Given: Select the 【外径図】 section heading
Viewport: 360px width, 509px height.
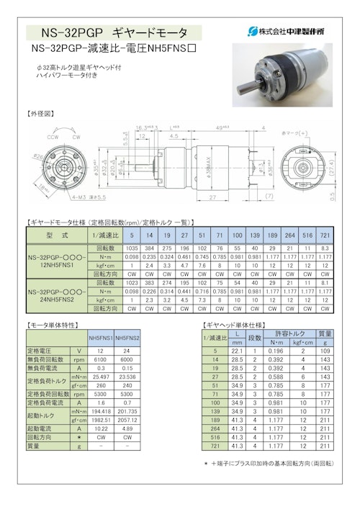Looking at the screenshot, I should pyautogui.click(x=42, y=114).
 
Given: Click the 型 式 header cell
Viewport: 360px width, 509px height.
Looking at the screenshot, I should pyautogui.click(x=56, y=235).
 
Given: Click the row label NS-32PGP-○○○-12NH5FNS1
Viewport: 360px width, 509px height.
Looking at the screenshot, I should pyautogui.click(x=56, y=259).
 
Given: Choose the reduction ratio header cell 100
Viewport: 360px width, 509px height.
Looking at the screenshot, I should pyautogui.click(x=236, y=235).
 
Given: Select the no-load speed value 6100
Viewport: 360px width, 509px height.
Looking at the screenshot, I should pyautogui.click(x=100, y=360).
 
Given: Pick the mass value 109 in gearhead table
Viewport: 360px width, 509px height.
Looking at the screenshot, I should pyautogui.click(x=325, y=351).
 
